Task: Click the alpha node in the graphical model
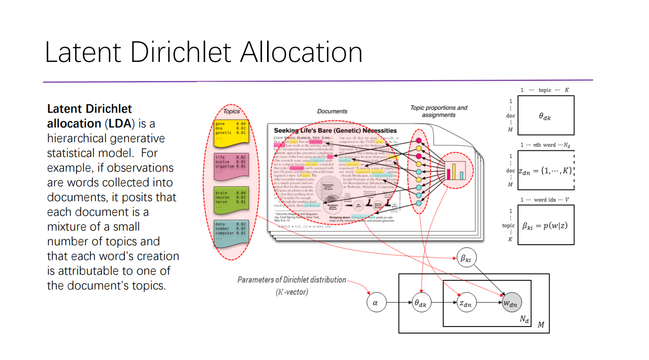(x=376, y=303)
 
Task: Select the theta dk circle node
(x=421, y=303)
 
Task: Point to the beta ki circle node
(x=466, y=258)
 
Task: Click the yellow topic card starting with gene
(x=231, y=130)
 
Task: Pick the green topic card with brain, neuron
(x=231, y=200)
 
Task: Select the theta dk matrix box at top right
(x=545, y=116)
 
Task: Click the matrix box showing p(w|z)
(x=545, y=224)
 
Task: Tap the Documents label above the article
(x=332, y=111)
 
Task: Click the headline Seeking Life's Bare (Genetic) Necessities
(x=335, y=130)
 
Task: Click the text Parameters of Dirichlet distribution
(x=292, y=280)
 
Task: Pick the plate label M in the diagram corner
(x=541, y=325)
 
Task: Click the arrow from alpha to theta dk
(x=398, y=303)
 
